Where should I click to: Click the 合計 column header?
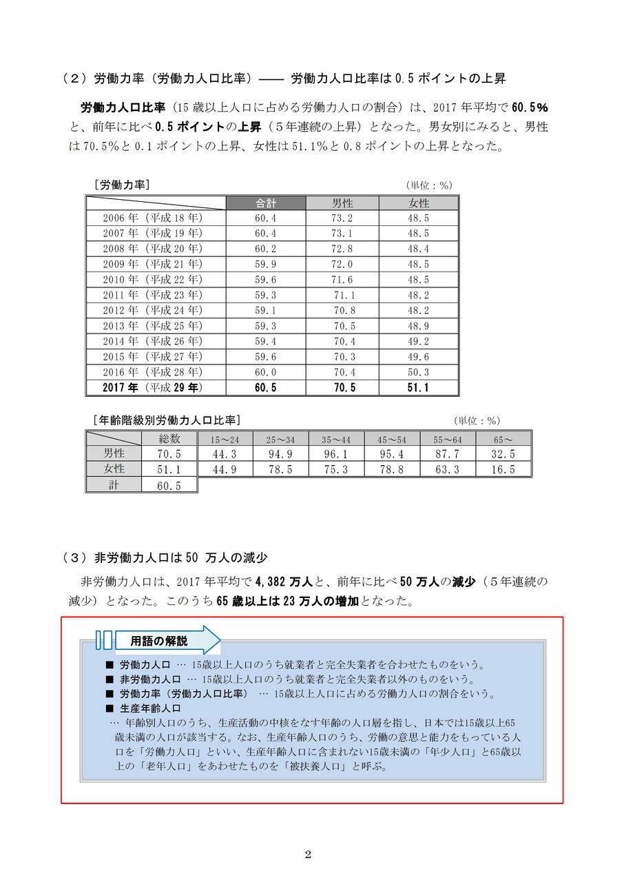click(x=266, y=203)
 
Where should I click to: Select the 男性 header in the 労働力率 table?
click(x=342, y=203)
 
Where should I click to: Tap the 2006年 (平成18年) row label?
click(x=153, y=218)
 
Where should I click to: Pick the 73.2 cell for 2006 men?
click(x=342, y=218)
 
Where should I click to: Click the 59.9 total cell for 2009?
click(x=266, y=265)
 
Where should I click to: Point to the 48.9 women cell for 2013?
click(x=418, y=326)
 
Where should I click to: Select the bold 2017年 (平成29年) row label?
click(x=153, y=388)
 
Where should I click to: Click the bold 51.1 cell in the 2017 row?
click(x=418, y=388)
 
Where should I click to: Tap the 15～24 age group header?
click(x=225, y=439)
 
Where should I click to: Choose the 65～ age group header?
click(x=503, y=439)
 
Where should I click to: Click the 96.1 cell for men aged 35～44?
click(x=336, y=454)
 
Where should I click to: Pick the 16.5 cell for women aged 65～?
click(x=503, y=469)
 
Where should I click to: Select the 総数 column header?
click(x=169, y=438)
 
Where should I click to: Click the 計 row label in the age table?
click(x=114, y=485)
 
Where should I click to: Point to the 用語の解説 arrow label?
click(x=160, y=641)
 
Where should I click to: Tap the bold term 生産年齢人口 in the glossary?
click(x=150, y=708)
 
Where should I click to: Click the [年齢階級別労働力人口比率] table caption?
click(x=167, y=420)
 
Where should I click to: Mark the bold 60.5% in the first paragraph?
click(x=530, y=107)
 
